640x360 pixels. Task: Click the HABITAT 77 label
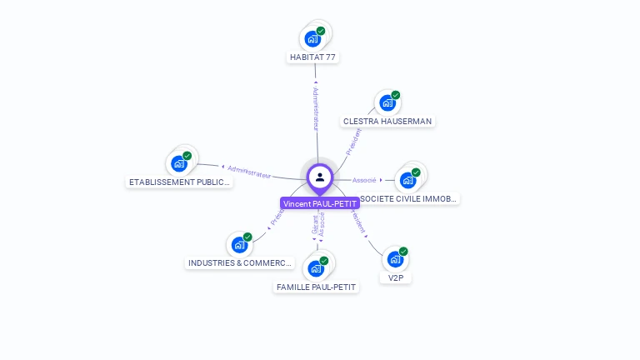(313, 57)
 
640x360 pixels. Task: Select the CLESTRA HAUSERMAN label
(387, 121)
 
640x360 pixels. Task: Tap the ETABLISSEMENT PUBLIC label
(179, 182)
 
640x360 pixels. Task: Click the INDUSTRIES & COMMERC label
(240, 262)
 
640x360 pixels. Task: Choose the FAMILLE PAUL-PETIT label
(316, 287)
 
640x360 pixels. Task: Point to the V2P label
(396, 277)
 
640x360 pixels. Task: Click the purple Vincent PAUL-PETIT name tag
(320, 203)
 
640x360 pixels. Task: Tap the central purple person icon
(320, 177)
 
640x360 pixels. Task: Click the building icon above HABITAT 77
(312, 38)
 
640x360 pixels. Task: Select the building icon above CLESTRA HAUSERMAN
(387, 102)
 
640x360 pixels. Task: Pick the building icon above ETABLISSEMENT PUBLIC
(178, 163)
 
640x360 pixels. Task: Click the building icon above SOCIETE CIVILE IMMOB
(407, 180)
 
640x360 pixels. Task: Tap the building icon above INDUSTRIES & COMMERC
(239, 245)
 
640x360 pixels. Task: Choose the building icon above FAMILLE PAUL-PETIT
(316, 268)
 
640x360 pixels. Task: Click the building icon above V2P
(395, 259)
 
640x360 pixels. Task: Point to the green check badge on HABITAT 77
(321, 31)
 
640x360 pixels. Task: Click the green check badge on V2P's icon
(403, 252)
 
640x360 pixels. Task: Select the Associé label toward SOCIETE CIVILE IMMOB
(364, 180)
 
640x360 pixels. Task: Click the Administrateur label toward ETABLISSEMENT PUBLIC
(249, 172)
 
